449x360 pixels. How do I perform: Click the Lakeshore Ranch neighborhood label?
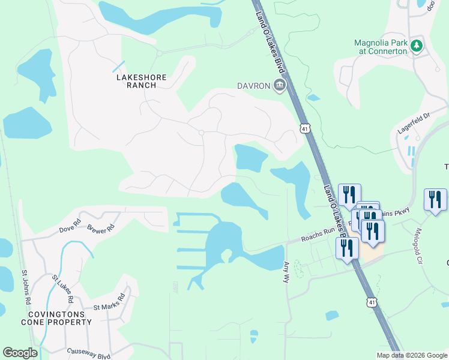point(136,81)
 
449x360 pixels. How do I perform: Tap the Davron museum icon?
point(279,86)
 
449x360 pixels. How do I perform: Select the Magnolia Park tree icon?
point(416,45)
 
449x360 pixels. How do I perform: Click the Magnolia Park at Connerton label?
point(381,47)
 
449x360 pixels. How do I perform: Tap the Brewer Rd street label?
point(101,229)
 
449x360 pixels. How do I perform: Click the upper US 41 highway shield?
point(305,128)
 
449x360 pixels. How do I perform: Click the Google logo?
point(20,353)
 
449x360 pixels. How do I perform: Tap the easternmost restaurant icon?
point(435,199)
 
